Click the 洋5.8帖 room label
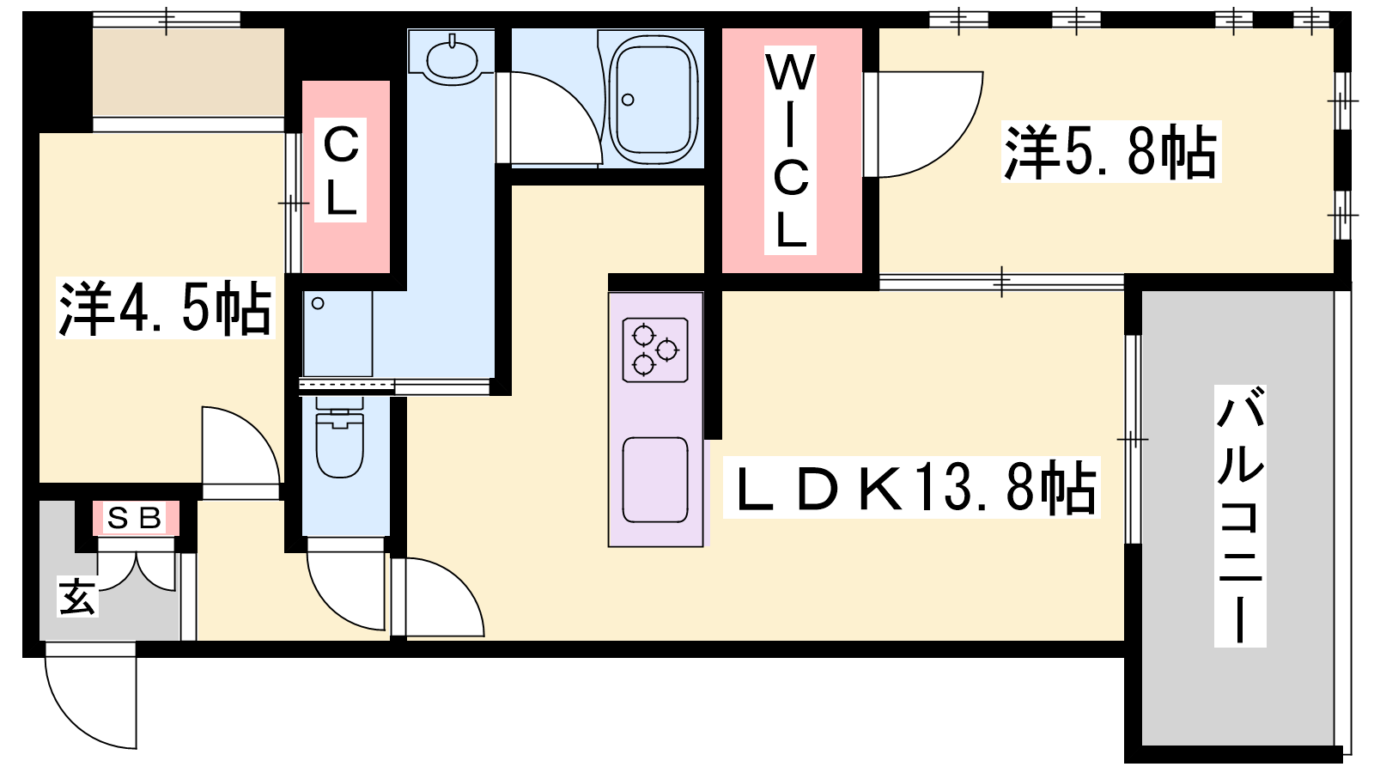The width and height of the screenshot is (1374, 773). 1111,151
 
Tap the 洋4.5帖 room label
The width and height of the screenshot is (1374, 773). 165,307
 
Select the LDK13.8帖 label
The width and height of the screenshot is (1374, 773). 911,487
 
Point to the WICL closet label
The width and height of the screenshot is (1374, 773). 790,150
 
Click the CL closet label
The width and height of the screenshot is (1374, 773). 340,170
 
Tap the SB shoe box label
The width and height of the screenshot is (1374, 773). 136,519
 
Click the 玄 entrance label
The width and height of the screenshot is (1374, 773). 78,596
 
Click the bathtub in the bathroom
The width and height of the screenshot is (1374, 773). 654,97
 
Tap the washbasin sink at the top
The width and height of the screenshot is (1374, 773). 452,59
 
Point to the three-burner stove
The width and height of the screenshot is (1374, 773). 655,350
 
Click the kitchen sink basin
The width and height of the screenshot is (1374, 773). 655,480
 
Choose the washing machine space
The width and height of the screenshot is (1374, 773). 338,334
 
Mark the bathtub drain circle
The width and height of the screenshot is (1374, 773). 628,100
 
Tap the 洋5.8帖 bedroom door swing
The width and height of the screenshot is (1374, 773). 923,125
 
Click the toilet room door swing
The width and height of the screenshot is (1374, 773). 347,584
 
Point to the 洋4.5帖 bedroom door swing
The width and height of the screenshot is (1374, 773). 241,453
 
